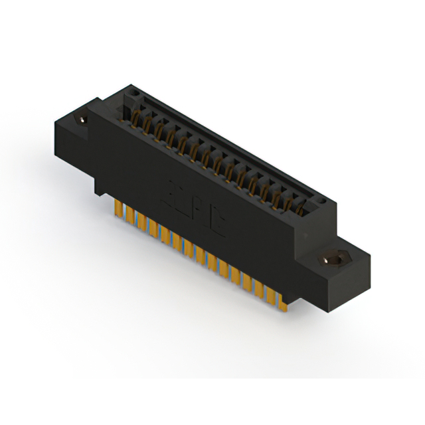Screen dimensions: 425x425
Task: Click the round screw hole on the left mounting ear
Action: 83,120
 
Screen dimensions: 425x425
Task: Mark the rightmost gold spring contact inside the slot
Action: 300,211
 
